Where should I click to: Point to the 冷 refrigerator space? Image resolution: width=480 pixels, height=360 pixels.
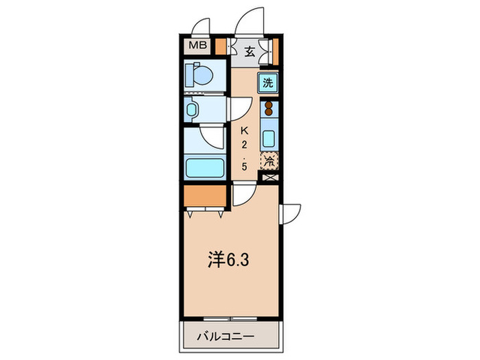[x=269, y=162]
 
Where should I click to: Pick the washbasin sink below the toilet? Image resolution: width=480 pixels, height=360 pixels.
[x=193, y=108]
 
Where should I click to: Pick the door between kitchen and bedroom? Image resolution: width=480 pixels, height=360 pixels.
[x=241, y=196]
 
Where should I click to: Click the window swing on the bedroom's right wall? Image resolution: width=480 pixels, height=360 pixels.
[x=291, y=213]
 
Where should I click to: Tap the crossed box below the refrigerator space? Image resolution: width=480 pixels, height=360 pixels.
[x=269, y=178]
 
